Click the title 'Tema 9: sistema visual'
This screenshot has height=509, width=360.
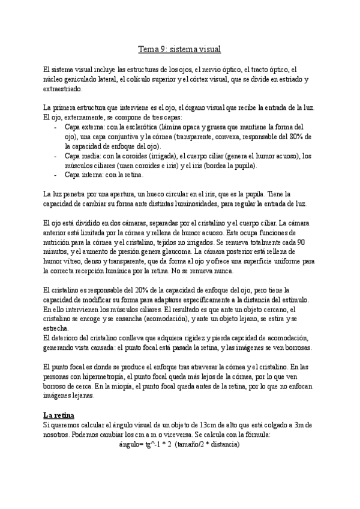(x=180, y=50)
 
